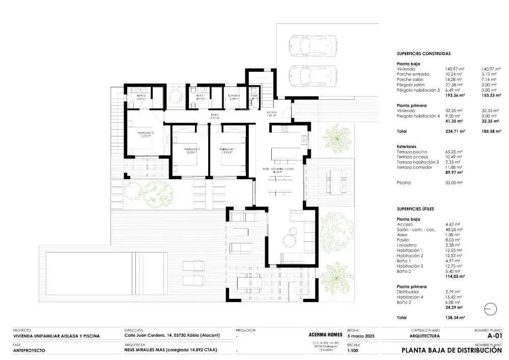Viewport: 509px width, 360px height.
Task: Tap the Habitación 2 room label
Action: (x=192, y=150)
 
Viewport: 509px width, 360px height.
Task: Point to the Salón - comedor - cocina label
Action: (x=277, y=170)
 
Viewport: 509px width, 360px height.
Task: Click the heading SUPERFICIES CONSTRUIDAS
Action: (x=423, y=53)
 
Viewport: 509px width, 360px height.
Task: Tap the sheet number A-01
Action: (x=495, y=336)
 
